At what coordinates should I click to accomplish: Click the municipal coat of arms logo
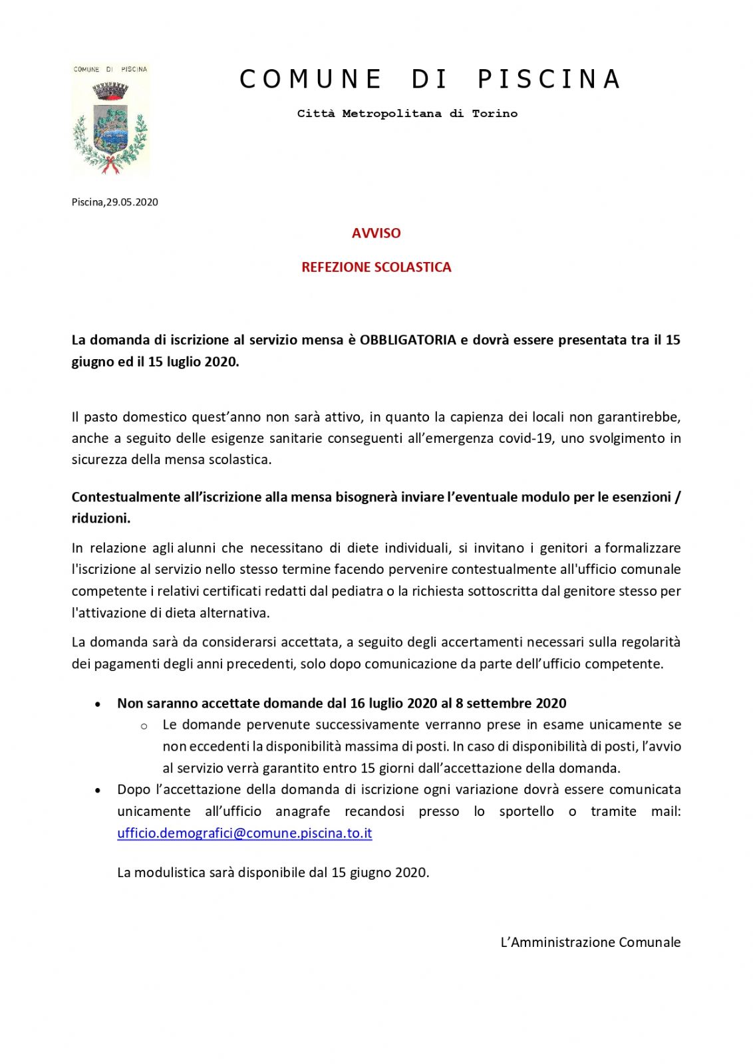(x=110, y=120)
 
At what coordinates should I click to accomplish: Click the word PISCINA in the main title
(x=549, y=79)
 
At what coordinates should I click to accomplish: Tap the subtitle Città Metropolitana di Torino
(x=407, y=114)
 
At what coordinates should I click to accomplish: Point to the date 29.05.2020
(x=132, y=202)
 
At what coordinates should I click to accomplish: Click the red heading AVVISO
(x=376, y=233)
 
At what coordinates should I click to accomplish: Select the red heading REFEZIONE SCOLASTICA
(x=376, y=267)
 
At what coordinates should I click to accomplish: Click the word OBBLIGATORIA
(x=408, y=340)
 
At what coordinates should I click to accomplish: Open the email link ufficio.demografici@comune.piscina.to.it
(x=244, y=833)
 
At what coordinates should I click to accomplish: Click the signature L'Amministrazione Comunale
(x=590, y=942)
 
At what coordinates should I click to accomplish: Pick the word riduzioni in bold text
(x=100, y=519)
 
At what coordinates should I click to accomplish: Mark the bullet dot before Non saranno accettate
(x=98, y=704)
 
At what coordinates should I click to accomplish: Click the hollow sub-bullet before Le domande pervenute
(x=144, y=726)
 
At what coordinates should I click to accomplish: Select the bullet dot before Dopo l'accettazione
(x=98, y=791)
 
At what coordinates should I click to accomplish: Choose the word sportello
(x=526, y=811)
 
